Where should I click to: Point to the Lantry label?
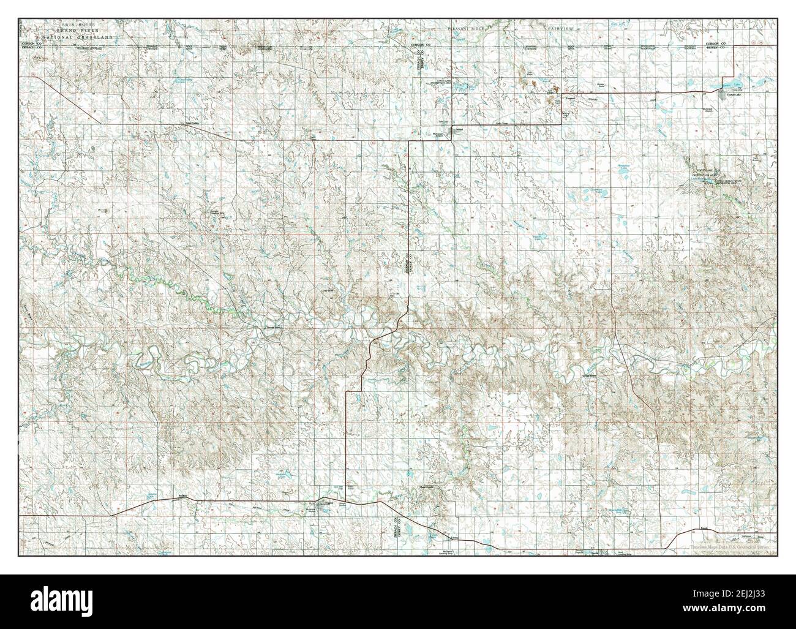[454, 537]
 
